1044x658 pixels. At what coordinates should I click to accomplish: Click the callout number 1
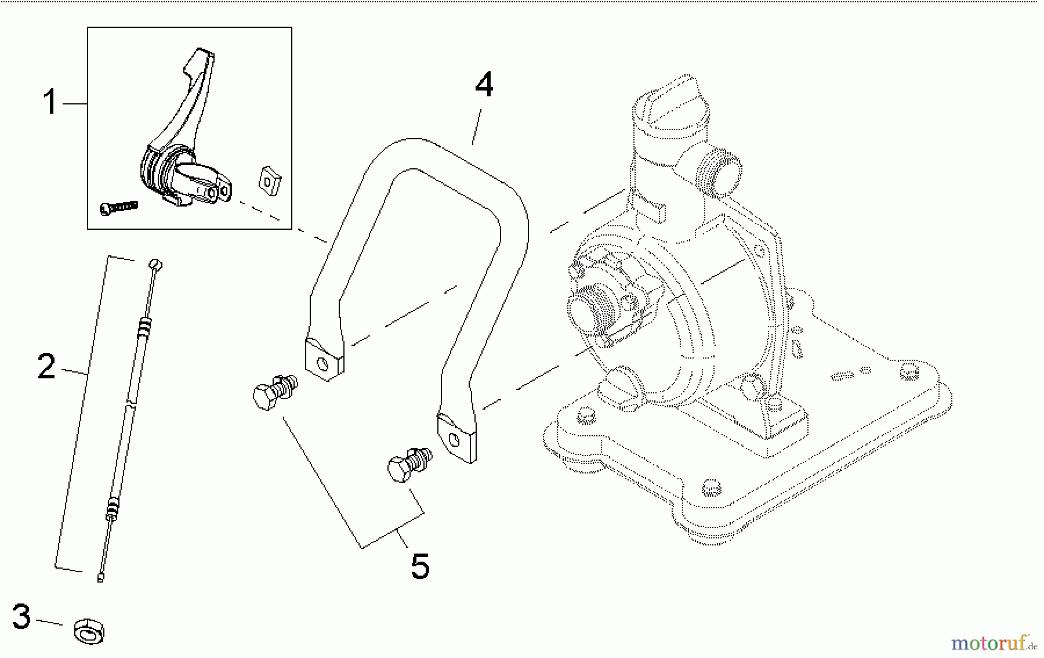click(x=50, y=103)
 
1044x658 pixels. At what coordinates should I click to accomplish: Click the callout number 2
click(x=46, y=366)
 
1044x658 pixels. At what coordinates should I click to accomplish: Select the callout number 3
click(x=21, y=616)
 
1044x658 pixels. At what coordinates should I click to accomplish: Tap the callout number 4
click(x=484, y=85)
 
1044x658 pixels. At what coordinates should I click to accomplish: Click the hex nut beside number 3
click(x=89, y=632)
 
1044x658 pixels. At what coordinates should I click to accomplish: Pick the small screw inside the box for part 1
click(x=119, y=207)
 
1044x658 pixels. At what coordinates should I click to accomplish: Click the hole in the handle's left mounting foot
click(x=322, y=365)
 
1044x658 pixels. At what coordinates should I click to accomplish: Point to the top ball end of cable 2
click(x=155, y=264)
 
